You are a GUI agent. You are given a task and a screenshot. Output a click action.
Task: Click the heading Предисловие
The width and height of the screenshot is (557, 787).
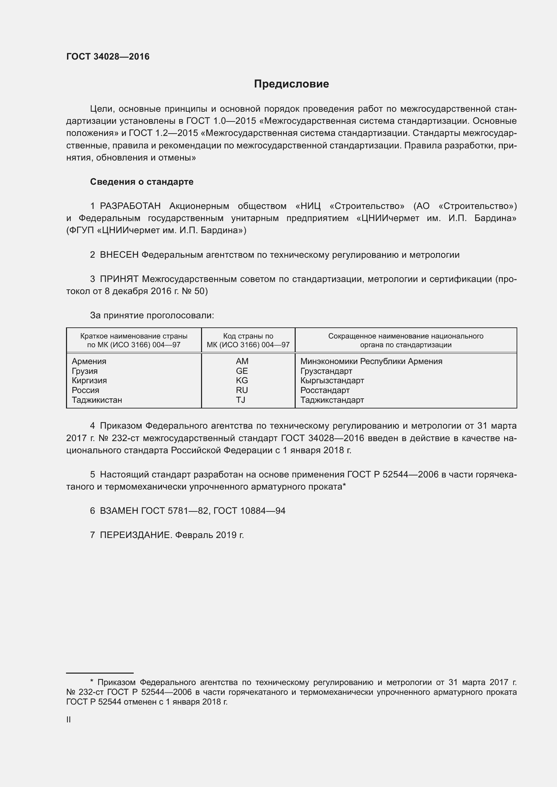tap(291, 84)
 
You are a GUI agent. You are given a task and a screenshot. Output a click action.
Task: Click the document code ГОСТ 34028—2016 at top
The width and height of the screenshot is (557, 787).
tap(108, 57)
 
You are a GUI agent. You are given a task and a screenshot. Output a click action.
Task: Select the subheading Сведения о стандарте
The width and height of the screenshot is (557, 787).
tap(142, 182)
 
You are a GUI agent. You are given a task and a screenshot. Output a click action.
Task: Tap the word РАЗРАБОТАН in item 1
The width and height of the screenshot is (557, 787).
tap(130, 206)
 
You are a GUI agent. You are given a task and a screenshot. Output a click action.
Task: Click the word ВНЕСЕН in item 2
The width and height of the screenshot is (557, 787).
tap(119, 255)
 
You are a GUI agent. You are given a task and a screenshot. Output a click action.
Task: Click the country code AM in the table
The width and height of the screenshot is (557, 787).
tap(242, 361)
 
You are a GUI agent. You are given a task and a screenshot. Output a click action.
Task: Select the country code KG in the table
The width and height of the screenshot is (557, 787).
tap(242, 381)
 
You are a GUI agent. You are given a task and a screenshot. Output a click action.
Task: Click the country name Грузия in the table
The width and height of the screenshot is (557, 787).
tap(85, 371)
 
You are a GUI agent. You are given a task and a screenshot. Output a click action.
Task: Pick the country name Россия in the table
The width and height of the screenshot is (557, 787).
tap(86, 390)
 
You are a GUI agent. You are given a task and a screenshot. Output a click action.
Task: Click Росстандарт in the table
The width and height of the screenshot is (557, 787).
tap(325, 390)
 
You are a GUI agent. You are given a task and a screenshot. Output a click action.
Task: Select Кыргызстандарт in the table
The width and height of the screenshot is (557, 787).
tap(332, 381)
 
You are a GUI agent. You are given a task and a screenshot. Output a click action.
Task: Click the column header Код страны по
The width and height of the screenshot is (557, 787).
tap(248, 336)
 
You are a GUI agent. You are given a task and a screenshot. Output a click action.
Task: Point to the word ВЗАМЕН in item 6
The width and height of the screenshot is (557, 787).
tap(119, 511)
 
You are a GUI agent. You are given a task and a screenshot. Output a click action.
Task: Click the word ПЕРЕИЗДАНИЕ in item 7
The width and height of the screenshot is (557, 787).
tap(135, 535)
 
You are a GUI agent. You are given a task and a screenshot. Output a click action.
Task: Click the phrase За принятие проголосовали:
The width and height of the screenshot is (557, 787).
tap(152, 315)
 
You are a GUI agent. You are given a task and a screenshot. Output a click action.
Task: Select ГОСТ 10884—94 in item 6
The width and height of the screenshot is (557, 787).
tap(249, 511)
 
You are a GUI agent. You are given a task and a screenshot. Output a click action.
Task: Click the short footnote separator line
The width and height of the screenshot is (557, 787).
tap(100, 673)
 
